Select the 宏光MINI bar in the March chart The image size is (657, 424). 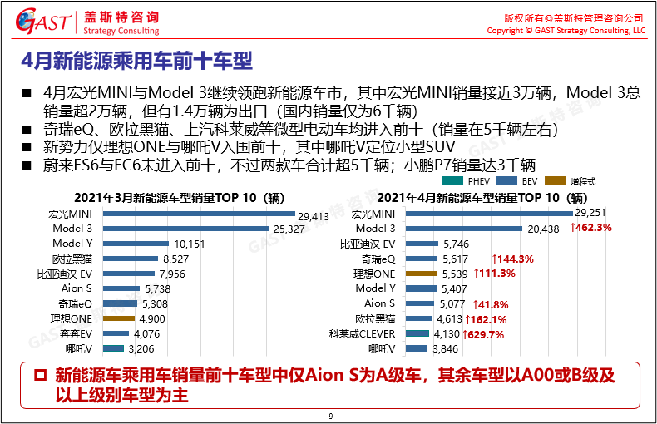[200, 214]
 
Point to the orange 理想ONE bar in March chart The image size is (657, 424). [119, 318]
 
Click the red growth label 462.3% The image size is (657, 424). [591, 229]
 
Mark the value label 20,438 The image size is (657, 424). [546, 229]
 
